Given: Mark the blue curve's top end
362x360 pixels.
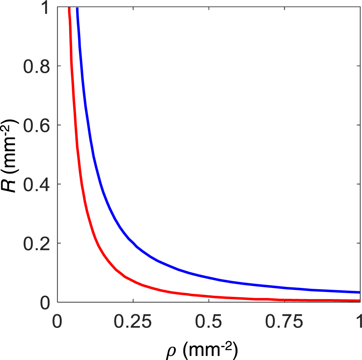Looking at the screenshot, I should point(77,8).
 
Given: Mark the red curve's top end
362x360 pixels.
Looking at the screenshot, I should point(69,8).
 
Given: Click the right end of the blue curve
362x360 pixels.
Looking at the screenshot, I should point(359,292).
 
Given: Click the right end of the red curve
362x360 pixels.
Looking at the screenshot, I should point(359,301).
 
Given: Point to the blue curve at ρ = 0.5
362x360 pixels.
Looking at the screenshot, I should point(209,278).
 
